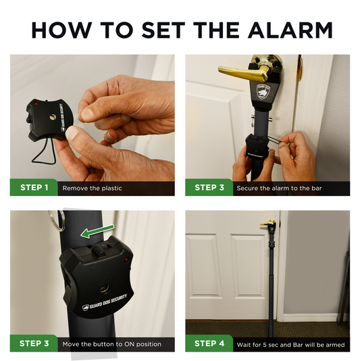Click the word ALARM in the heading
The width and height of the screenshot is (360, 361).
point(290,30)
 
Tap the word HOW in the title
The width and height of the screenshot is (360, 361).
point(62,30)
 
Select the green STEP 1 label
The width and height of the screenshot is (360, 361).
point(34,187)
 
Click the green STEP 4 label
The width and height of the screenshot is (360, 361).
point(209,343)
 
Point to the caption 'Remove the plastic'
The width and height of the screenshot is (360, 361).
point(92,188)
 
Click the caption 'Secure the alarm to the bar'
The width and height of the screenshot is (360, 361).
point(279,188)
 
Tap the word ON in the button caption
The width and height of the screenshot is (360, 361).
point(129,344)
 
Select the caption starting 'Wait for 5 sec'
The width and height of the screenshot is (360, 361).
point(290,345)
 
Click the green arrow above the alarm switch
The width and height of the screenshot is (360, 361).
point(97,231)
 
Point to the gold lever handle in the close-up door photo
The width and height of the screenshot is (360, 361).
point(244,72)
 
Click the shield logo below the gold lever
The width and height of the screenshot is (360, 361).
point(263,92)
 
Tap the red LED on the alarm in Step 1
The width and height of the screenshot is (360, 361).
point(36,103)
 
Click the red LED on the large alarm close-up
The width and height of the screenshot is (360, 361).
point(126,260)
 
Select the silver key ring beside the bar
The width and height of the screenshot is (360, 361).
point(57,220)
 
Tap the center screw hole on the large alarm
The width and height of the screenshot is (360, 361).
point(105,289)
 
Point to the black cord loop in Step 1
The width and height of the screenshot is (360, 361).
point(44,152)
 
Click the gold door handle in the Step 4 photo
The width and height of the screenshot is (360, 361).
point(268,223)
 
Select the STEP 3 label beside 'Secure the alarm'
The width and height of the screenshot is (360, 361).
point(209,187)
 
